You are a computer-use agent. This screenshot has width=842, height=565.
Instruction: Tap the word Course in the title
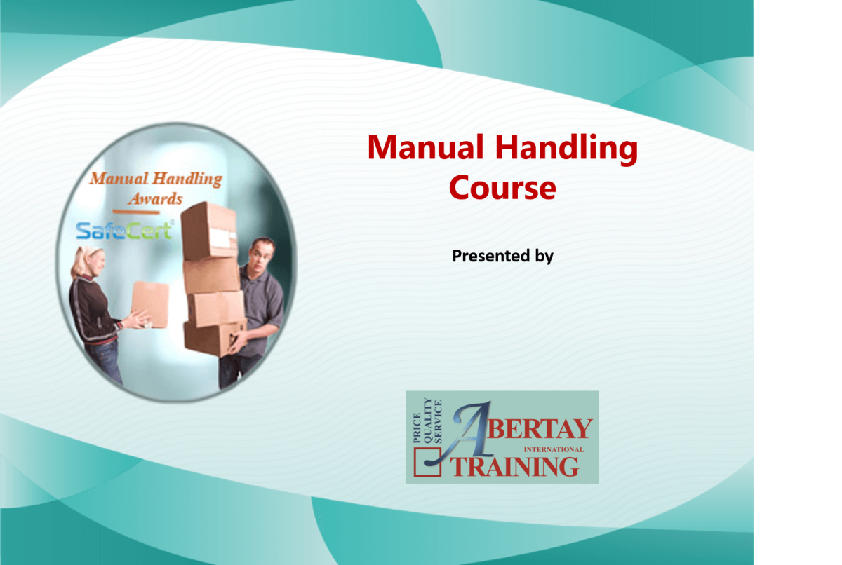[502, 187]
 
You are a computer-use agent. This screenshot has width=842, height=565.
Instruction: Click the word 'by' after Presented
[544, 257]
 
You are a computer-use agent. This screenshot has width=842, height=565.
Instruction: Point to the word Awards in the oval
[156, 198]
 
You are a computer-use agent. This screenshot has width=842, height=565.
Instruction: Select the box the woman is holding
[150, 304]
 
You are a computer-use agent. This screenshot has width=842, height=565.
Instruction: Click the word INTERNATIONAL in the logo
[554, 449]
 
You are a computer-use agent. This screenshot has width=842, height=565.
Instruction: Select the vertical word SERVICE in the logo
[439, 420]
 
